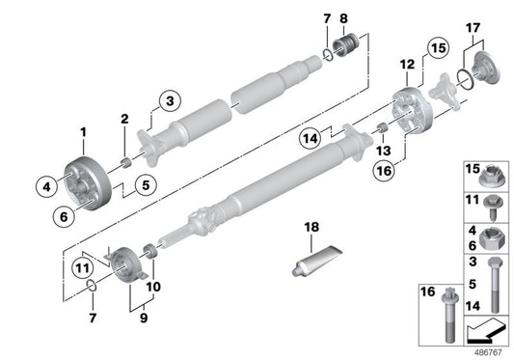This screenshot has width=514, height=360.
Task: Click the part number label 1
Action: coord(83,131)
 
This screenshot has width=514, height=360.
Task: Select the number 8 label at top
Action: coord(346,18)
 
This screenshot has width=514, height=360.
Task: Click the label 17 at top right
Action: coord(472,30)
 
